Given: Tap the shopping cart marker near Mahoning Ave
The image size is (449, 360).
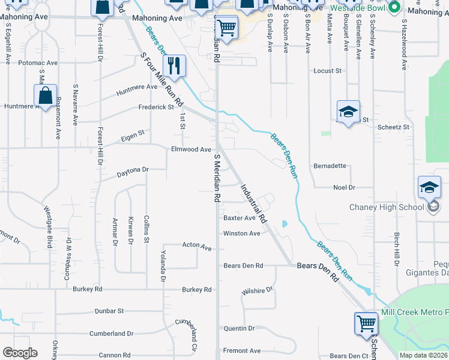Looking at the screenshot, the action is (226, 27).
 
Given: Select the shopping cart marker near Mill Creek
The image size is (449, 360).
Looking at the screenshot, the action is (366, 324).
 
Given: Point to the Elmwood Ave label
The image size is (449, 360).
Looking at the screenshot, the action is (191, 149).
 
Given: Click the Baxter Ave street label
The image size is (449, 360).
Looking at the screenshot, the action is (240, 218).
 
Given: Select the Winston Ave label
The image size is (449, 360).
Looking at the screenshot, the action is (241, 233).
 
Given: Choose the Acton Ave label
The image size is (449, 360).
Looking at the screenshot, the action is (197, 247).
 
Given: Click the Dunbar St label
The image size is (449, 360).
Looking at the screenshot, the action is (109, 311).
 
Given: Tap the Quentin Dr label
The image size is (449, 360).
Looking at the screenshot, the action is (239, 329).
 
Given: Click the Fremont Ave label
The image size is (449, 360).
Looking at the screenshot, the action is (242, 350).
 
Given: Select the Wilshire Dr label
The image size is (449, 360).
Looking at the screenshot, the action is (257, 290).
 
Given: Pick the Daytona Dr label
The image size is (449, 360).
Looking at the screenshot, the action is (132, 170).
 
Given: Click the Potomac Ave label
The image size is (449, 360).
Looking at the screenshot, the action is (38, 62).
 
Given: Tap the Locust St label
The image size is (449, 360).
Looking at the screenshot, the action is (327, 71).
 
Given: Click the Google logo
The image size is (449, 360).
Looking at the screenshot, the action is (20, 353).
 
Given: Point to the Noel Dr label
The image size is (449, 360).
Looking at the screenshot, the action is (344, 187).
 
